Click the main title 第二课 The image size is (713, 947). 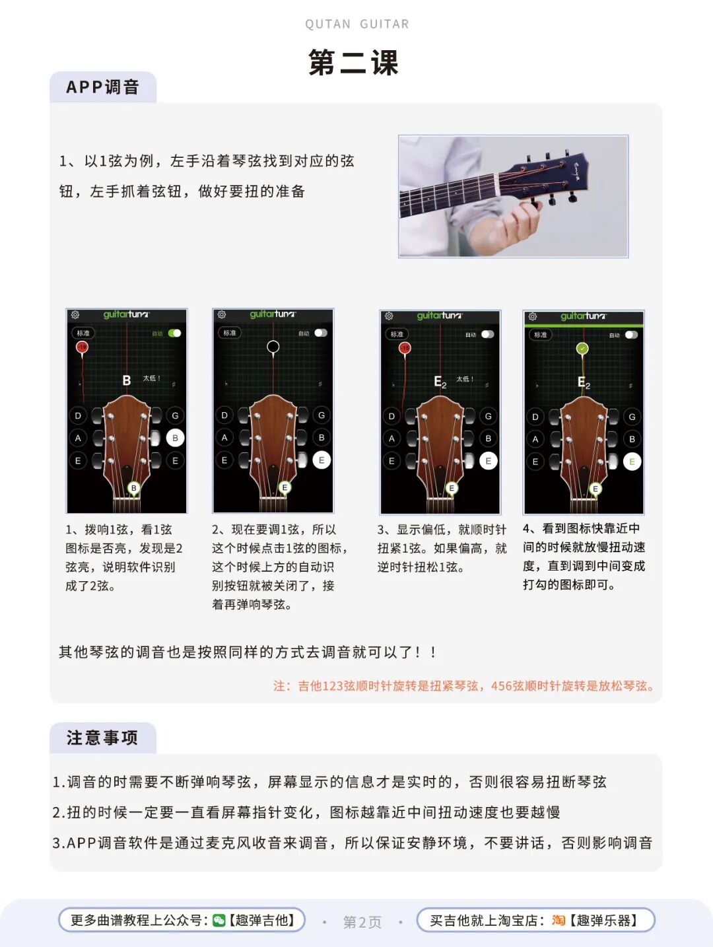pyautogui.click(x=353, y=63)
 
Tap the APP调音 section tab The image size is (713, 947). pyautogui.click(x=102, y=87)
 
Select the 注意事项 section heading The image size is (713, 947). pyautogui.click(x=102, y=738)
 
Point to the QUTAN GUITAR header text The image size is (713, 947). pyautogui.click(x=356, y=24)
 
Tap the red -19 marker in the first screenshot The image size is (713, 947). pyautogui.click(x=82, y=347)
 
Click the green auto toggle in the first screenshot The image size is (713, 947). pyautogui.click(x=175, y=333)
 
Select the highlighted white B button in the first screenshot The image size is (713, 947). pyautogui.click(x=175, y=438)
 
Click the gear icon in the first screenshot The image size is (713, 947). pyautogui.click(x=75, y=314)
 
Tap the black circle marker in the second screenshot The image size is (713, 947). pyautogui.click(x=273, y=347)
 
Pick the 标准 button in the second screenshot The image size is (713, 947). pyautogui.click(x=230, y=333)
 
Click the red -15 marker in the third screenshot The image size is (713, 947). pyautogui.click(x=405, y=348)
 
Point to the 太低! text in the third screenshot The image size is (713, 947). pyautogui.click(x=465, y=379)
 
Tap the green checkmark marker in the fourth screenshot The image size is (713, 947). pyautogui.click(x=583, y=349)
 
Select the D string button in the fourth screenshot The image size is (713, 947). pyautogui.click(x=535, y=417)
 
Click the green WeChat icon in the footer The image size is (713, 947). pyautogui.click(x=219, y=920)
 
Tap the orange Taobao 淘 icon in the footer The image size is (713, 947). pyautogui.click(x=558, y=920)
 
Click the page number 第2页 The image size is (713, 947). pyautogui.click(x=362, y=922)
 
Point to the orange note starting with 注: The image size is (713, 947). pyautogui.click(x=463, y=686)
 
